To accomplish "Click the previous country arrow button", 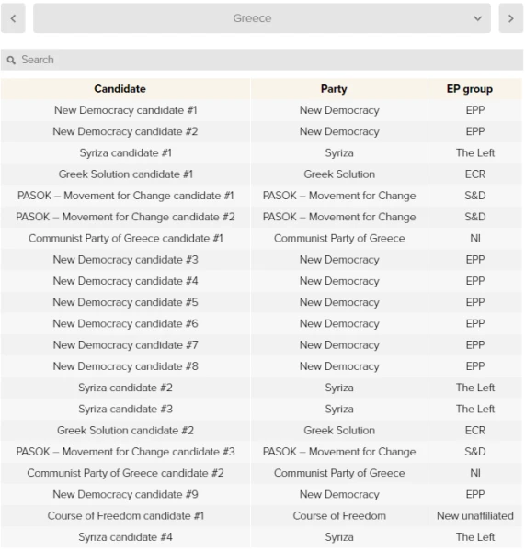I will pyautogui.click(x=12, y=18).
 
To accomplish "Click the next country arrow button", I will pyautogui.click(x=510, y=18).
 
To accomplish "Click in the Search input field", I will pyautogui.click(x=262, y=60).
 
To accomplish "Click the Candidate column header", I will pyautogui.click(x=125, y=89).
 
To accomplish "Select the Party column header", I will pyautogui.click(x=338, y=89).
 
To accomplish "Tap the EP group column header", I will pyautogui.click(x=475, y=89).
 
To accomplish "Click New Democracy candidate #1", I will pyautogui.click(x=125, y=110).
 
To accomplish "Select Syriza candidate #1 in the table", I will pyautogui.click(x=125, y=153).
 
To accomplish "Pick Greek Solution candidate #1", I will pyautogui.click(x=125, y=174).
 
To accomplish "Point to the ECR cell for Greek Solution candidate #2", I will pyautogui.click(x=475, y=431).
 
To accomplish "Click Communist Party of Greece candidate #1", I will pyautogui.click(x=125, y=239).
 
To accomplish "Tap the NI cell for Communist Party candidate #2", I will pyautogui.click(x=475, y=473).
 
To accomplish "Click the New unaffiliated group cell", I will pyautogui.click(x=475, y=516).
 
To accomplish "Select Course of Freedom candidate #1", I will pyautogui.click(x=125, y=516).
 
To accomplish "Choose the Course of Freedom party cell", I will pyautogui.click(x=338, y=516).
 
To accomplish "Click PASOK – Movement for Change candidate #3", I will pyautogui.click(x=125, y=452).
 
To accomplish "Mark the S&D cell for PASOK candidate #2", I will pyautogui.click(x=475, y=217).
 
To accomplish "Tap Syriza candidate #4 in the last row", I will pyautogui.click(x=125, y=537).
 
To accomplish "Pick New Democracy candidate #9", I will pyautogui.click(x=125, y=495).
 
